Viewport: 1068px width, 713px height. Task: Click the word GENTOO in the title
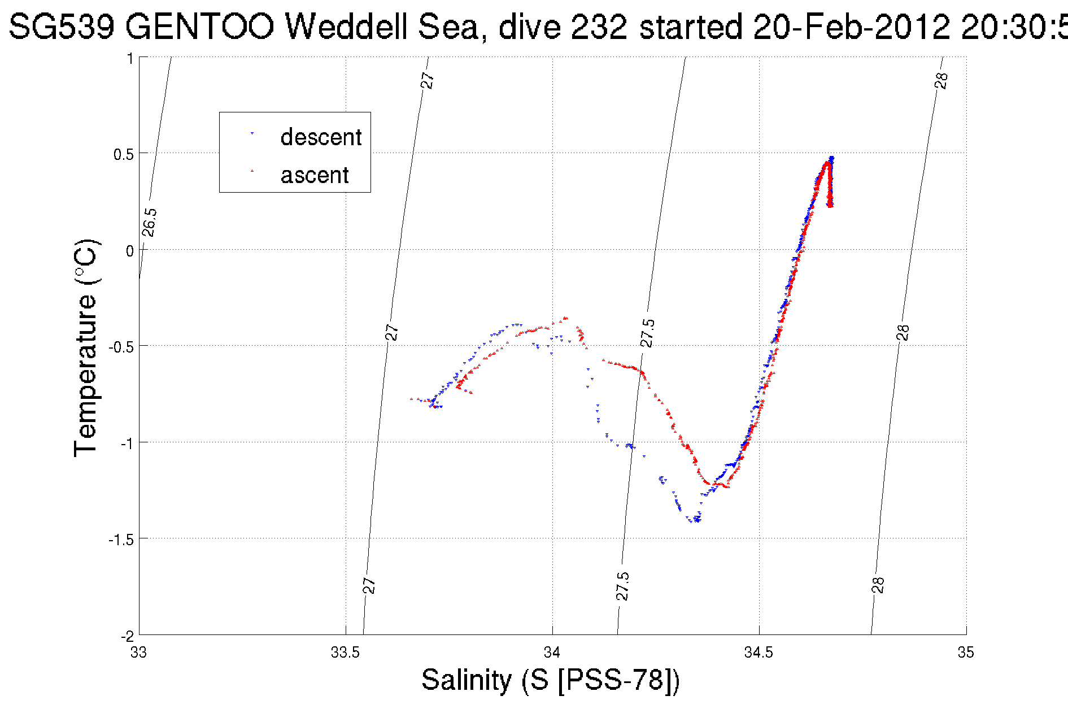pyautogui.click(x=200, y=27)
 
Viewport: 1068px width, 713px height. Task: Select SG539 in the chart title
pyautogui.click(x=62, y=27)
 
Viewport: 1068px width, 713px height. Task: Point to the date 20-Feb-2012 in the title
pyautogui.click(x=851, y=27)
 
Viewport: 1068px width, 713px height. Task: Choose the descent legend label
pyautogui.click(x=321, y=137)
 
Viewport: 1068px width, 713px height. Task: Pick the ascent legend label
pyautogui.click(x=315, y=175)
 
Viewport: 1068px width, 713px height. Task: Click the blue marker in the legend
pyautogui.click(x=252, y=133)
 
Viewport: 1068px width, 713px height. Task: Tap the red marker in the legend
pyautogui.click(x=252, y=170)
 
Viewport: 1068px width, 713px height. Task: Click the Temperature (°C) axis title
pyautogui.click(x=86, y=348)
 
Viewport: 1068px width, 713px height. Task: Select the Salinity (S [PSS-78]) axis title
pyautogui.click(x=551, y=680)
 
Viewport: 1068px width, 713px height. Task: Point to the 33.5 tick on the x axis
pyautogui.click(x=345, y=653)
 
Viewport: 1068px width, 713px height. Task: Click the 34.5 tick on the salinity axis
pyautogui.click(x=759, y=653)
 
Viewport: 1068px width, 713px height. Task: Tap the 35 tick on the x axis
pyautogui.click(x=966, y=653)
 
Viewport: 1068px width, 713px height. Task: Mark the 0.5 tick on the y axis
pyautogui.click(x=124, y=154)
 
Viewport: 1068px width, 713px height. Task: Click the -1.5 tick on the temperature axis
pyautogui.click(x=121, y=540)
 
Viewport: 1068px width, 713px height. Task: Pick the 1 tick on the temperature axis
pyautogui.click(x=130, y=58)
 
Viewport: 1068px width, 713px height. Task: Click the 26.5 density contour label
pyautogui.click(x=150, y=223)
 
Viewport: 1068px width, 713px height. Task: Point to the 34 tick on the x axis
pyautogui.click(x=552, y=653)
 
